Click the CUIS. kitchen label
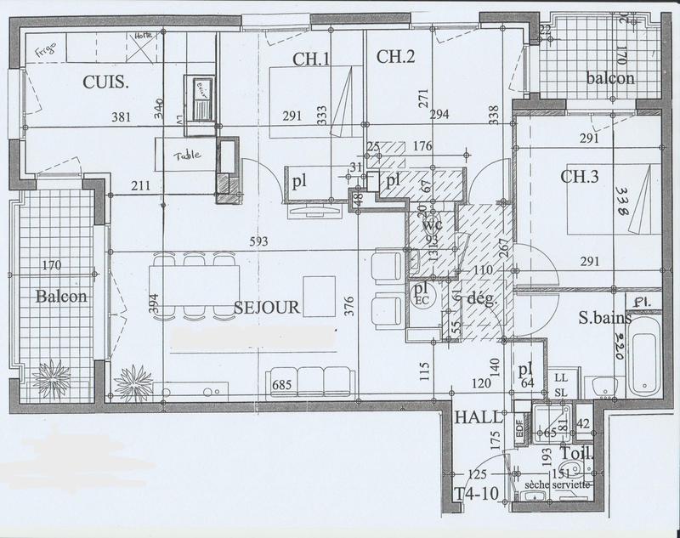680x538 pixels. pos(105,82)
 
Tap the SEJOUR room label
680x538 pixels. pos(266,308)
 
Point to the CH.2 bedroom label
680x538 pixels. pos(395,58)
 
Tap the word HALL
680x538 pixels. pos(474,419)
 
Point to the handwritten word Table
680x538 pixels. pos(186,156)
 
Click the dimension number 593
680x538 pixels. pos(258,241)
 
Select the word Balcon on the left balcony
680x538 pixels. pos(60,297)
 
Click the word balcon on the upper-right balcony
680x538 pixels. pos(610,78)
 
